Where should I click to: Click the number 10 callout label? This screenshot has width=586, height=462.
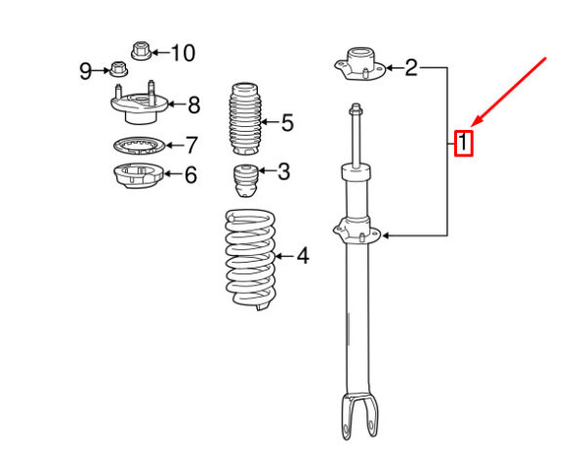click(184, 53)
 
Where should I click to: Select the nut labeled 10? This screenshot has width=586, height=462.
click(142, 51)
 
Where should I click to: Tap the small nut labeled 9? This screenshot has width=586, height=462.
click(119, 68)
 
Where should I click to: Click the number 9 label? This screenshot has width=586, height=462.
click(86, 71)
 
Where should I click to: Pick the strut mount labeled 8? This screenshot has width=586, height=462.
click(139, 104)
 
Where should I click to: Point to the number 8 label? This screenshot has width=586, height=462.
click(194, 105)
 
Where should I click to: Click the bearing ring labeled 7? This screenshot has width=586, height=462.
click(139, 146)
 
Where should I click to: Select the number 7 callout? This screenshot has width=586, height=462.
click(191, 145)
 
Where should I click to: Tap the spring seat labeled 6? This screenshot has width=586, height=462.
click(138, 176)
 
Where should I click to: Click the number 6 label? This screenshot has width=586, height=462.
click(191, 175)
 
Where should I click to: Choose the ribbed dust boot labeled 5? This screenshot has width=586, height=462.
click(245, 119)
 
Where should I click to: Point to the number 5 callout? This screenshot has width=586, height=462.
click(287, 123)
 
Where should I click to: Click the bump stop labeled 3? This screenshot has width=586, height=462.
click(245, 181)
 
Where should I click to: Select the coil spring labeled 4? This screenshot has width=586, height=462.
click(250, 260)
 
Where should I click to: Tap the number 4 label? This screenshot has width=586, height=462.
click(303, 256)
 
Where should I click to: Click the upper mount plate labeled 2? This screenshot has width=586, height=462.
click(359, 64)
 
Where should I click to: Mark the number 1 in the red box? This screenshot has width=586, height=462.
click(463, 143)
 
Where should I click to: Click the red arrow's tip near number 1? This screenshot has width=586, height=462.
click(472, 126)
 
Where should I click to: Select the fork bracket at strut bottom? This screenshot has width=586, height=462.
click(359, 416)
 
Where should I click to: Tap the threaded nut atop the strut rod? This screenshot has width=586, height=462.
click(356, 109)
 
